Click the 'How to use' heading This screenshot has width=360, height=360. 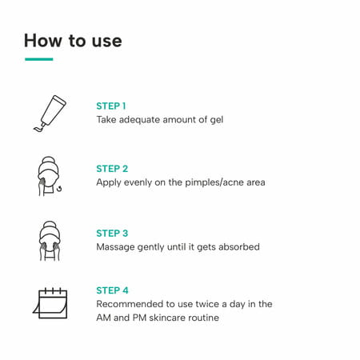73,40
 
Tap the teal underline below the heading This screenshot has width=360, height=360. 38,59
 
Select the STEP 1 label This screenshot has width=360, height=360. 111,106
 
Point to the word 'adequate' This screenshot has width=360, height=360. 145,120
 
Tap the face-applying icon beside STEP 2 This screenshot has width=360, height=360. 50,176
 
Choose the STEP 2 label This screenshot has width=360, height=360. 112,169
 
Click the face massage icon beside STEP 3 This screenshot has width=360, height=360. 50,240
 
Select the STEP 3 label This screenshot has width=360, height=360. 112,233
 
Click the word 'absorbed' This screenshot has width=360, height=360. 238,247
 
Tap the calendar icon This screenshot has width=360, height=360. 50,303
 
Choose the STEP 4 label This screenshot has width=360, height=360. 112,290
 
